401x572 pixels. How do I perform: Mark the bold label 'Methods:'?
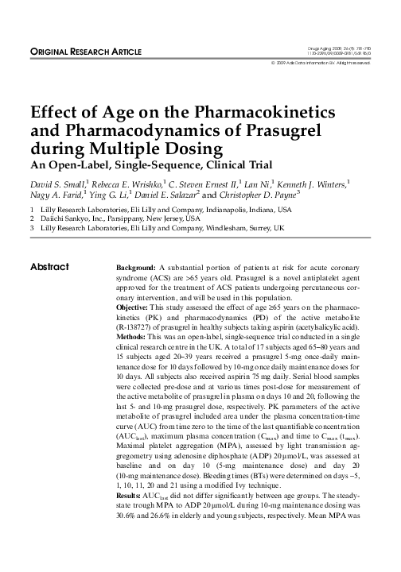[x=134, y=338]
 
